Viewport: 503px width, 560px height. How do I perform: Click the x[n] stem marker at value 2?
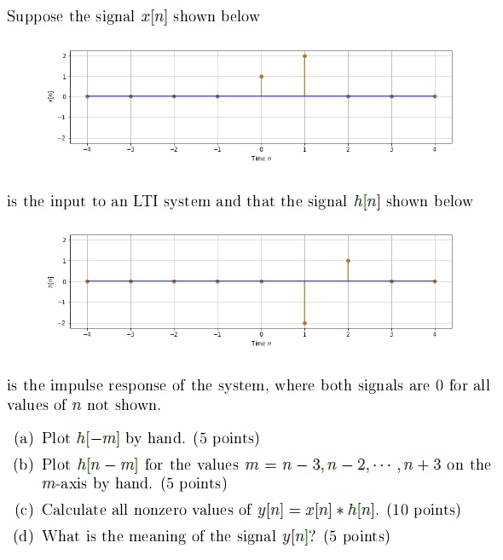[304, 55]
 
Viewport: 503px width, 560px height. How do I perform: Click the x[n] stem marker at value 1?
[261, 77]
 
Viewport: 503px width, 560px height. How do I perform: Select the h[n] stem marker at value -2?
[304, 322]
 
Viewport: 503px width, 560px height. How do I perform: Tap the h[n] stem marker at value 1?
[348, 260]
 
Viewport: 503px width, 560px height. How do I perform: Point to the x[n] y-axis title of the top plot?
[50, 96]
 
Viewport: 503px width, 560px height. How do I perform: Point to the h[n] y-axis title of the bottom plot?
[50, 280]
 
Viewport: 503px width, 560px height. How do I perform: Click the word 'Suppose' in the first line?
[35, 18]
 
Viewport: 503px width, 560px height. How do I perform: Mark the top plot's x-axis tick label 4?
[435, 150]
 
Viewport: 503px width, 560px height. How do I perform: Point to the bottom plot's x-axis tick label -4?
[86, 334]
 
